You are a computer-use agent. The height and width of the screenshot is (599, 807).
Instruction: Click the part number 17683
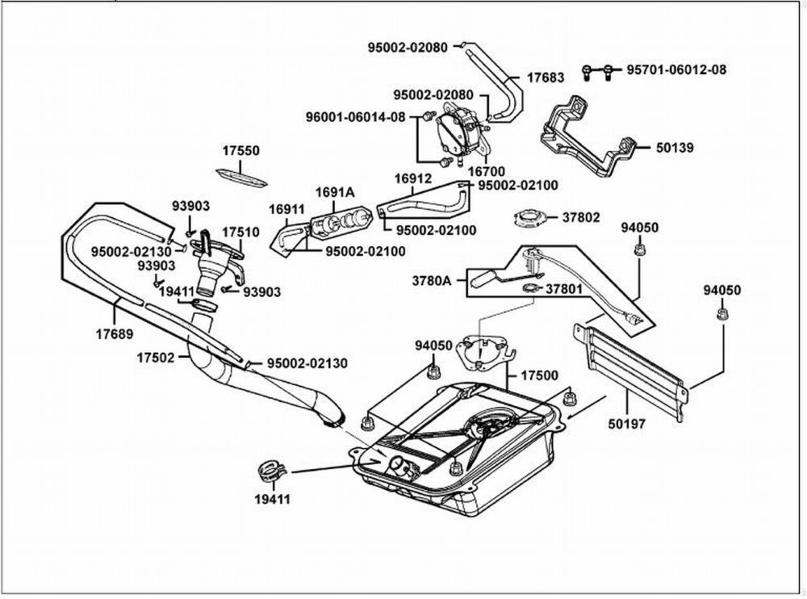pos(546,77)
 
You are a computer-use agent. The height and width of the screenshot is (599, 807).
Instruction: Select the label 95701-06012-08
pos(676,69)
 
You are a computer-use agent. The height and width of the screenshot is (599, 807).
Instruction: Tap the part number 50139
pos(675,148)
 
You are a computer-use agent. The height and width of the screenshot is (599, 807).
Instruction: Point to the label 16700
pos(487,171)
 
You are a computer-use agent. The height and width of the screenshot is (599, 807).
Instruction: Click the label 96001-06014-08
pos(356,117)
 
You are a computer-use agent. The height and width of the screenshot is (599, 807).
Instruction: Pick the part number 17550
pos(240,151)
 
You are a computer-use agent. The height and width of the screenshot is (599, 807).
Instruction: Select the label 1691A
pos(335,192)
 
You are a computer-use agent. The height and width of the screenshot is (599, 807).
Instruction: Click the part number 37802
pos(581,217)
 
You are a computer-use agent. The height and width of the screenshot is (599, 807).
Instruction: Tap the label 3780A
pos(431,281)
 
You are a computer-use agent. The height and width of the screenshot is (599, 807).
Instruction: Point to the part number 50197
pos(627,424)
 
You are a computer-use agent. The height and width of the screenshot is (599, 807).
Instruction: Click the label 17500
pos(539,375)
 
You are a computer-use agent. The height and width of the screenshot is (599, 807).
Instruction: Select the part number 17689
pos(115,333)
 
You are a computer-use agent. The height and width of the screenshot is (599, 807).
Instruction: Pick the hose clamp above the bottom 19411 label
pos(273,471)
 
